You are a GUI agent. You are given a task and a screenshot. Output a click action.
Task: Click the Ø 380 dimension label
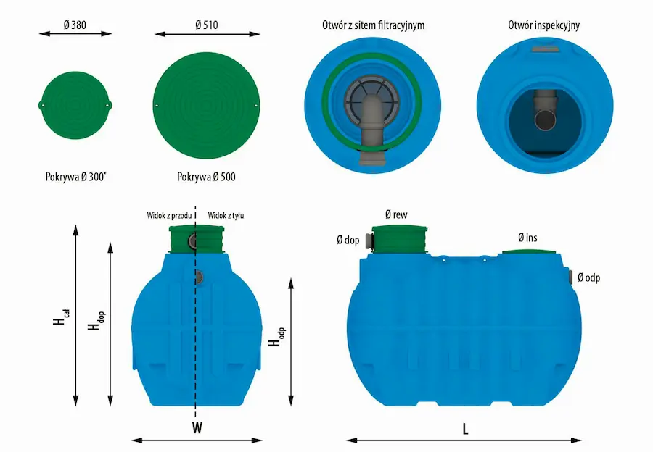(75, 25)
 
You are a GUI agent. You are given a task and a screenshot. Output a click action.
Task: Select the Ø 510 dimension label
(207, 25)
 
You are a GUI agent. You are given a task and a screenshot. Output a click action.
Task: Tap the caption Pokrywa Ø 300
(75, 177)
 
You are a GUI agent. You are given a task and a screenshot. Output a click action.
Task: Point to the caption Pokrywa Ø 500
(206, 177)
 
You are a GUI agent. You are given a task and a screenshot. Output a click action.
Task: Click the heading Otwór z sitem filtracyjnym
(373, 25)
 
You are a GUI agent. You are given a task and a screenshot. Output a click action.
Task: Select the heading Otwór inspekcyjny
(544, 25)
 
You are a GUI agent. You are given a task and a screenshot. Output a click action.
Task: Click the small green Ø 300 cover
(75, 105)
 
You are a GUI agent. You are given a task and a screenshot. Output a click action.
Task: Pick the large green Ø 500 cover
(207, 105)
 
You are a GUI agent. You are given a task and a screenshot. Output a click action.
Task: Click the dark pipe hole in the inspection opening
(545, 120)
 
